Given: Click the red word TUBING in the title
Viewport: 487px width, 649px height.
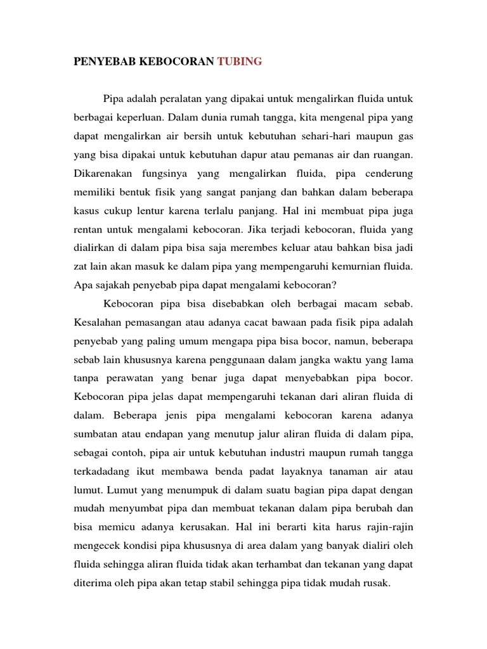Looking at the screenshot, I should click(x=239, y=62).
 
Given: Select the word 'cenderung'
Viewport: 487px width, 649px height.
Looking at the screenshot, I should click(x=387, y=173).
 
